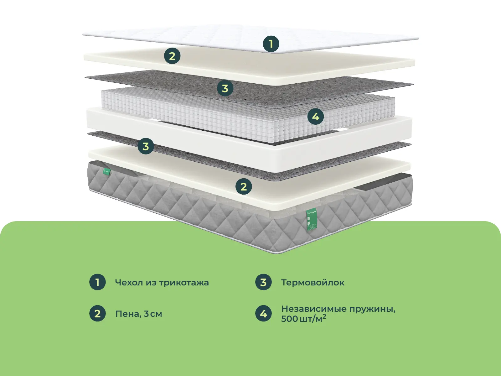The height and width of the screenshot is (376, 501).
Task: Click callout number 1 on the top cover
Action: pyautogui.click(x=271, y=44)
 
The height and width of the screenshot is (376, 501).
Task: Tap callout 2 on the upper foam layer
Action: pyautogui.click(x=172, y=56)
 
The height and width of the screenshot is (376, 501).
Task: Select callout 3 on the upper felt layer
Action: pyautogui.click(x=225, y=88)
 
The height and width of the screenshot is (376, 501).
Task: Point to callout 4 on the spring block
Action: pyautogui.click(x=315, y=117)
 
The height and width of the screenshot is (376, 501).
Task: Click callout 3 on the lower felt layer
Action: pyautogui.click(x=146, y=146)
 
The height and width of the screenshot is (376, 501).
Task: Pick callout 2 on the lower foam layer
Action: pyautogui.click(x=244, y=187)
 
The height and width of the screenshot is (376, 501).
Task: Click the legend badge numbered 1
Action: pyautogui.click(x=97, y=282)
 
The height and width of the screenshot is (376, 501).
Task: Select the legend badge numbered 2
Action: pyautogui.click(x=97, y=314)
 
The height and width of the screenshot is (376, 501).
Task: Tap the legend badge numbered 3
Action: pyautogui.click(x=263, y=282)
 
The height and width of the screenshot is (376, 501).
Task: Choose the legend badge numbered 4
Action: pyautogui.click(x=263, y=314)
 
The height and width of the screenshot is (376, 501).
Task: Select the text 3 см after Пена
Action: pyautogui.click(x=153, y=314)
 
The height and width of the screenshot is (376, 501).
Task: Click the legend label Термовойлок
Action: pyautogui.click(x=312, y=282)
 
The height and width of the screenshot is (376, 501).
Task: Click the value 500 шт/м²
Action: pyautogui.click(x=303, y=319)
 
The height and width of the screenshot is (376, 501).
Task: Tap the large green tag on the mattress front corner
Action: pyautogui.click(x=311, y=220)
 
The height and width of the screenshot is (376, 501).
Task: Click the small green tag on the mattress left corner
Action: pyautogui.click(x=107, y=171)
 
